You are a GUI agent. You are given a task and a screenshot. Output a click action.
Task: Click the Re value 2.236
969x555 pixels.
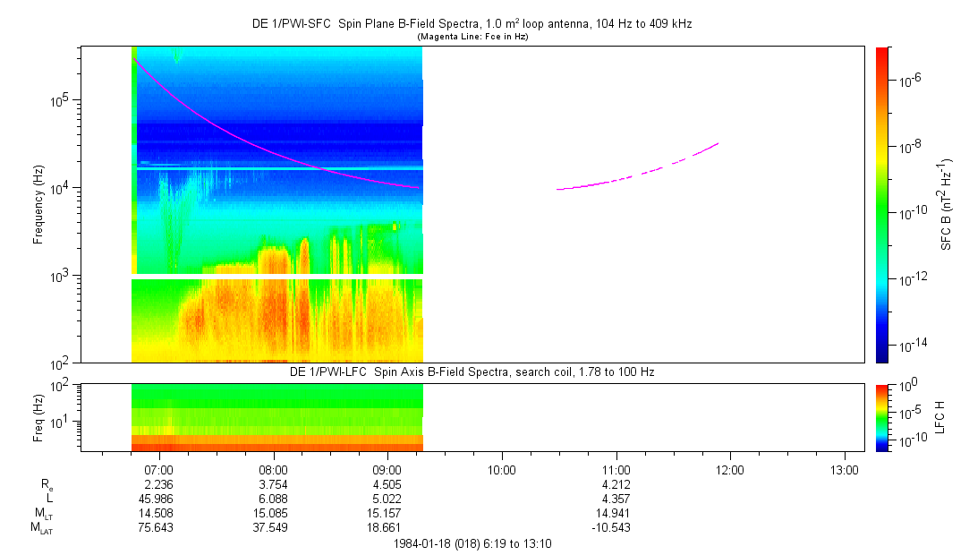158,484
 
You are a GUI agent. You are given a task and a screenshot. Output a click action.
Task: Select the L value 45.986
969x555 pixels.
158,499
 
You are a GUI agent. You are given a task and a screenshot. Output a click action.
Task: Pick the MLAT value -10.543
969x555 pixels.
616,527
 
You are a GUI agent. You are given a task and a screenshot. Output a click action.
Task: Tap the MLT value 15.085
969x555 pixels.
273,513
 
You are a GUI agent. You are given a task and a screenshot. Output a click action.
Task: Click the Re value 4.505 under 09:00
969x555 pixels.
387,484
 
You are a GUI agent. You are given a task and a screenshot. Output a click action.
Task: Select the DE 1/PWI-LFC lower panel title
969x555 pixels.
472,371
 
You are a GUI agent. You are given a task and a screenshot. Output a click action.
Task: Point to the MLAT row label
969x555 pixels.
41,527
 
